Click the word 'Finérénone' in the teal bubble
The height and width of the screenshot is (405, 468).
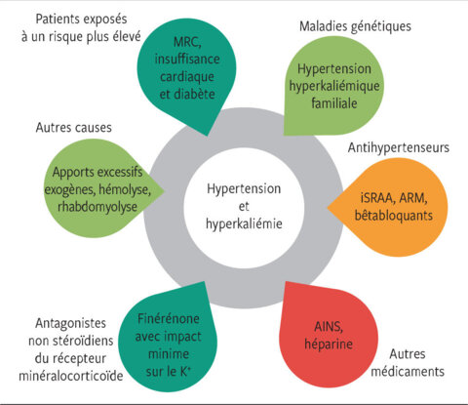point(169,318)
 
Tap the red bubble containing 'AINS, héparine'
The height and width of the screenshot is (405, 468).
point(329,335)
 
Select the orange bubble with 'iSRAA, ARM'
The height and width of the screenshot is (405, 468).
point(388,207)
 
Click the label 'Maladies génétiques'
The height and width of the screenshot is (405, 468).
point(355,26)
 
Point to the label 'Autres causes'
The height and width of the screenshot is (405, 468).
point(74,127)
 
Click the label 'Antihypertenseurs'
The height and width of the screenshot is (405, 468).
point(399,147)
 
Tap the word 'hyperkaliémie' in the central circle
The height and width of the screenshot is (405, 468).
point(244,223)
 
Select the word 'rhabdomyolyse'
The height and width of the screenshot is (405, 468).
point(97,207)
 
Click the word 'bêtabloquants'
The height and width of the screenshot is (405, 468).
point(394,216)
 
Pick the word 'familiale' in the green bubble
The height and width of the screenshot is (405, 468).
point(334,103)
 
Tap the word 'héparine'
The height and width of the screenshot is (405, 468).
point(329,344)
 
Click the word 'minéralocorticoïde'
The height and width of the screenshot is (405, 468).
point(71,376)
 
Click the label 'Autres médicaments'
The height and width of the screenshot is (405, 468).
point(408,362)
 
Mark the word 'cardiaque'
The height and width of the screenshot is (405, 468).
point(187,77)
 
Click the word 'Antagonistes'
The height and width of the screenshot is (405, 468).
point(70,323)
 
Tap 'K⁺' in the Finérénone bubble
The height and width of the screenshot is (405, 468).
point(185,371)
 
